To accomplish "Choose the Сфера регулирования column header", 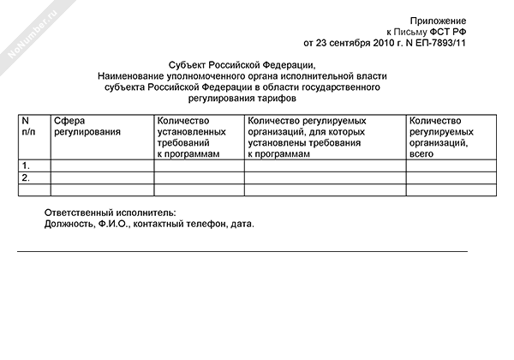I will [86, 128].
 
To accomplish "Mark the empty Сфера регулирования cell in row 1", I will [102, 165].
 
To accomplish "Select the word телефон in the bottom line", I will [200, 224].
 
